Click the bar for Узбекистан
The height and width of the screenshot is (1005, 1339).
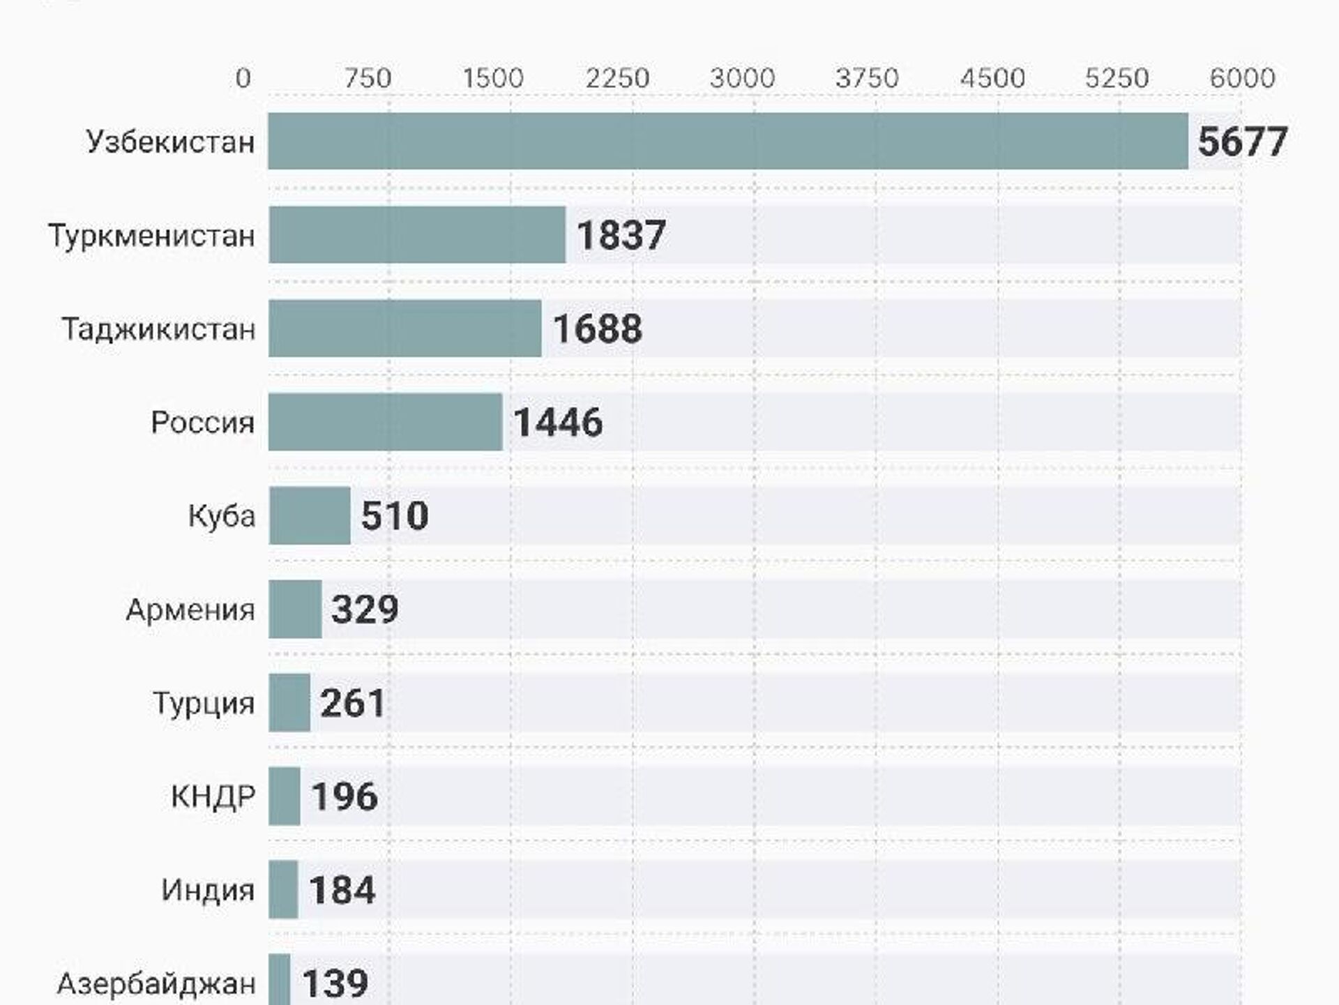coord(727,141)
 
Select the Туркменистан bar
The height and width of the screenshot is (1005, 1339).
coord(417,234)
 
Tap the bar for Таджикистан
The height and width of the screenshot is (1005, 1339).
coord(404,328)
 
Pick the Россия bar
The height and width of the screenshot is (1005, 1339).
coord(385,421)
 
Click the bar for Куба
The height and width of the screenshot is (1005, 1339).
coord(310,515)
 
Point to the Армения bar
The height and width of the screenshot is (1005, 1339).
coord(295,609)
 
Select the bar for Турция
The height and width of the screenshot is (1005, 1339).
coord(289,702)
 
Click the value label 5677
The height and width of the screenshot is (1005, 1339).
coord(1242,142)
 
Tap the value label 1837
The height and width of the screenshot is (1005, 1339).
coord(621,235)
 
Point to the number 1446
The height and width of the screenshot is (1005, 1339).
coord(558,422)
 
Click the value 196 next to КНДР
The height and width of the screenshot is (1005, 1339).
coord(345,796)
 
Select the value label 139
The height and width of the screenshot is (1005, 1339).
coord(335,983)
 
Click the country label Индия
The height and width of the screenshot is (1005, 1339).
coord(208,890)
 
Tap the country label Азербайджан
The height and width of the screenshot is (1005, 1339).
coord(156,983)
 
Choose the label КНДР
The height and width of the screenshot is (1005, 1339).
coord(213,796)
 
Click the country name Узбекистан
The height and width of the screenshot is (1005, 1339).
coord(170,142)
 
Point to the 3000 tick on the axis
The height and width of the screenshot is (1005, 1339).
coord(742,77)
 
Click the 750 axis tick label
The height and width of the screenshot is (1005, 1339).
coord(368,77)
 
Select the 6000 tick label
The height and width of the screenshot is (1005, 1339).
coord(1242,77)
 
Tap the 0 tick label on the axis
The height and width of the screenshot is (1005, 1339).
coord(243,77)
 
